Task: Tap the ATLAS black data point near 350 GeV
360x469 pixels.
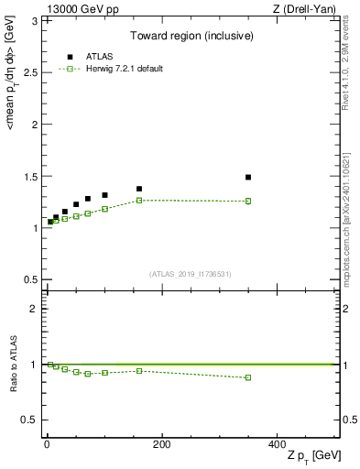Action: (x=248, y=177)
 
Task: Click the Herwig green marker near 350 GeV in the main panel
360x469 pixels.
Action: (x=248, y=201)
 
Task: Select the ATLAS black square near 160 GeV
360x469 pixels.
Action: (x=139, y=189)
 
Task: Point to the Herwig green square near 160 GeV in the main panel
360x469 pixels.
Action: (x=139, y=200)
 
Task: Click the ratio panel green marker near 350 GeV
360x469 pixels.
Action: (x=248, y=377)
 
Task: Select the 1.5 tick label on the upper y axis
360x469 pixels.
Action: (x=30, y=176)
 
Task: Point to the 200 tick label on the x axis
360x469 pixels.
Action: (x=161, y=444)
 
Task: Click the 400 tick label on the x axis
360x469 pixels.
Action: (x=276, y=444)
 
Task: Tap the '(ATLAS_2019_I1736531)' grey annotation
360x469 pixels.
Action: (x=191, y=274)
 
